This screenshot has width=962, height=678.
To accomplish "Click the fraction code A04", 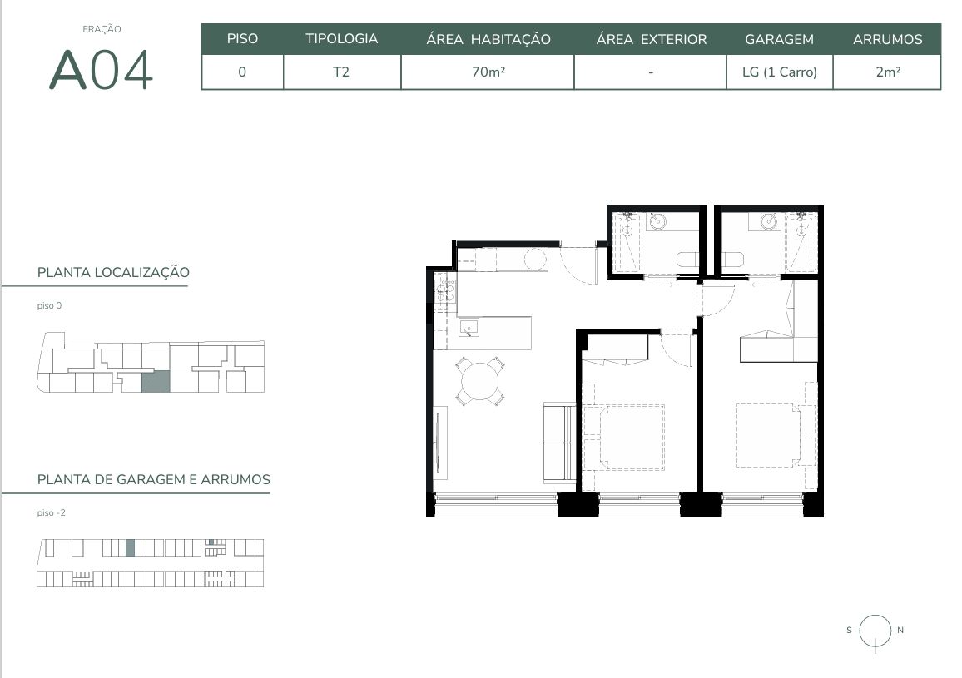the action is [x=102, y=69].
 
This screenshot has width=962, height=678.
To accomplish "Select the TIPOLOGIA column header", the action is [x=342, y=38].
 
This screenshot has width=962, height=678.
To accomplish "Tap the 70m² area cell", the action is [x=488, y=72].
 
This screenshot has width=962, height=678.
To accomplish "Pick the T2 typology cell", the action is [x=341, y=72].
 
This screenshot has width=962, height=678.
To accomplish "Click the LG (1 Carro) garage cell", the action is [x=779, y=72].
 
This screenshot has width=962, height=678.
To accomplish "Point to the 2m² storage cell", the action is [x=888, y=72].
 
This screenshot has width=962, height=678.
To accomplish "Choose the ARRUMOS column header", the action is [x=887, y=39].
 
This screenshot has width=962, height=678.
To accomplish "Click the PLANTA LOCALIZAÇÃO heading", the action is [x=113, y=272].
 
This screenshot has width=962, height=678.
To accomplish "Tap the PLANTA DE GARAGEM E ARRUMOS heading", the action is [x=154, y=479].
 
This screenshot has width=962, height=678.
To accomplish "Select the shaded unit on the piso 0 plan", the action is [x=156, y=382].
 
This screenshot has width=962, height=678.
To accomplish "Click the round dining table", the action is [x=480, y=381].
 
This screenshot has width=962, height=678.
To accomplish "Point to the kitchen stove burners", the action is [x=445, y=290].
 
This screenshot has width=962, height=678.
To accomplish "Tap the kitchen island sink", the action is [x=469, y=328].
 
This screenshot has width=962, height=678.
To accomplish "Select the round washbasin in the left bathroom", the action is [x=657, y=221].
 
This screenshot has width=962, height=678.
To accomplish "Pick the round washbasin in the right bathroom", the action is [x=769, y=220].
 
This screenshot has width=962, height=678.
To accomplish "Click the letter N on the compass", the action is [x=900, y=630].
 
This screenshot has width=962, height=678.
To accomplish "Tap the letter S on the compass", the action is [x=849, y=630].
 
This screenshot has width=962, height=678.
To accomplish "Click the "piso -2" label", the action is [x=51, y=513].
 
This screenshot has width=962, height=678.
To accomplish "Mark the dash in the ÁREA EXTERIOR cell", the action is [x=650, y=72].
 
